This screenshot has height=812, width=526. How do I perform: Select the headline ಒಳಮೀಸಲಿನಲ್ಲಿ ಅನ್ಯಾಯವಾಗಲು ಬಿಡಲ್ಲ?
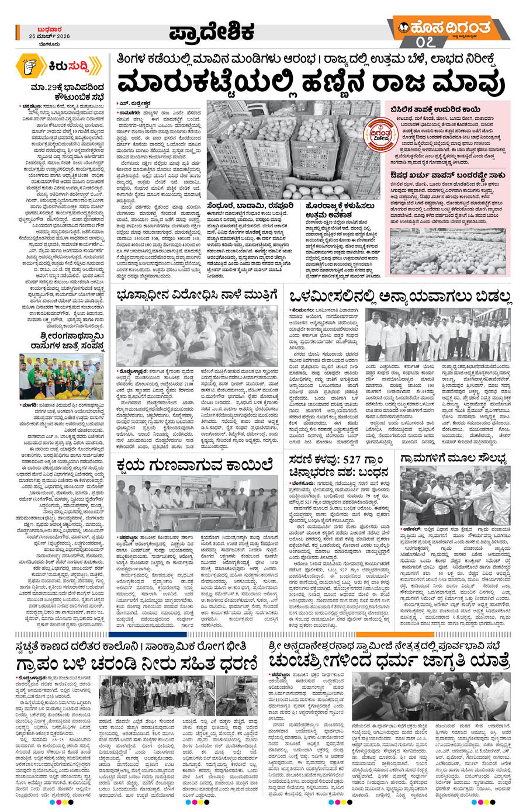(401, 297)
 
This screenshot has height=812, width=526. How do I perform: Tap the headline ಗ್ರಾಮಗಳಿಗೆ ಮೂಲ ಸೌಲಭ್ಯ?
(454, 457)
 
